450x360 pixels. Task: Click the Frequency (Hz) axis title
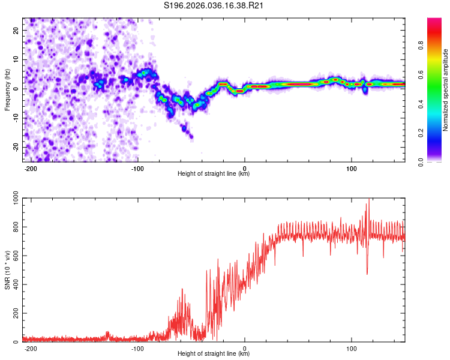tap(7, 89)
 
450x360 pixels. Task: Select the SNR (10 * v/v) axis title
tap(7, 269)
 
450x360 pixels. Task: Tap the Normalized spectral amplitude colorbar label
tap(446, 90)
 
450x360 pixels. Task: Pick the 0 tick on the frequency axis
tap(19, 89)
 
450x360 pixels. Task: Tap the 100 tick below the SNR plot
tap(351, 348)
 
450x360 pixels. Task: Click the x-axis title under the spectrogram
tap(214, 174)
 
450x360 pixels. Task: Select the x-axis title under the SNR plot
tap(214, 354)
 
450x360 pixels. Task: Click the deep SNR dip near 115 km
tap(367, 273)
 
